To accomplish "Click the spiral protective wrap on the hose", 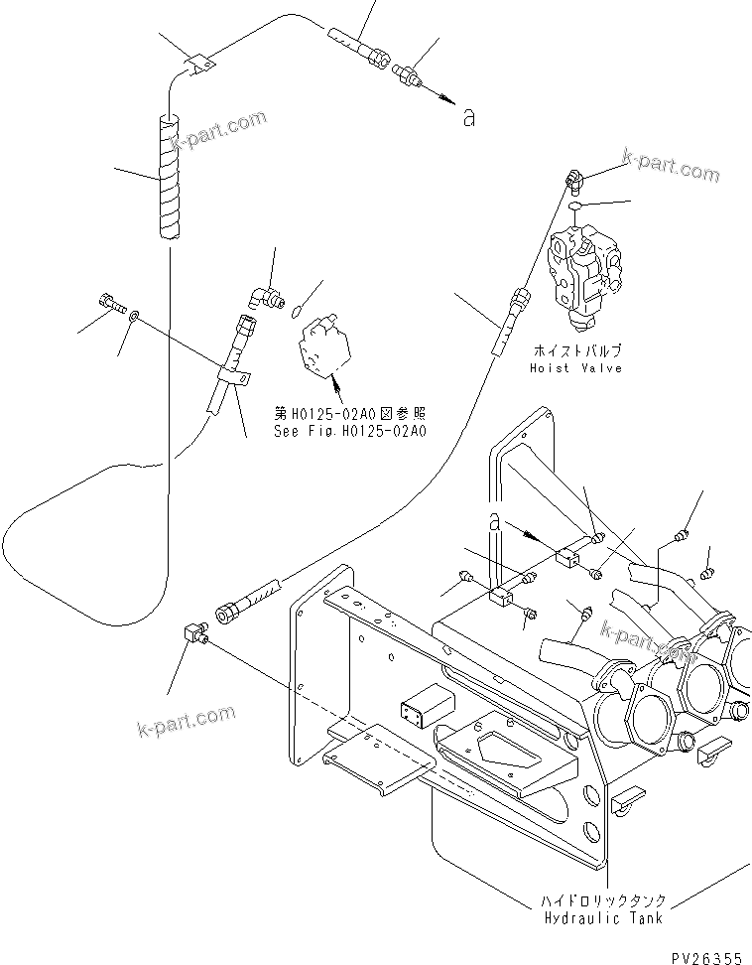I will [x=170, y=177].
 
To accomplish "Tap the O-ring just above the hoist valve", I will [x=576, y=207].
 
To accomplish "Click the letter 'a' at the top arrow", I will [x=469, y=118].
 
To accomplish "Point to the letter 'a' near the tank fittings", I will [x=493, y=519].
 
